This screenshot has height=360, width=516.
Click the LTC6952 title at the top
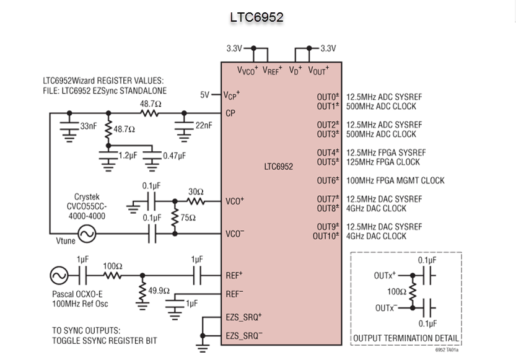(256, 17)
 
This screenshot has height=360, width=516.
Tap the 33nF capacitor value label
(89, 126)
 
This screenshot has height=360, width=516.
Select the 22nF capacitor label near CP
(204, 125)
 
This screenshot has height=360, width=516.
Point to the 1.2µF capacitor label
(128, 156)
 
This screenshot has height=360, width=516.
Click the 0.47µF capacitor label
(175, 156)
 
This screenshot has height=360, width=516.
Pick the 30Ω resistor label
(196, 191)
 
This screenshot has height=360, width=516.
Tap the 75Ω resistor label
(188, 217)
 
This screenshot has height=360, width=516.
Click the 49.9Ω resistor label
(159, 291)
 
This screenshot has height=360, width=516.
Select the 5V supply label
(204, 95)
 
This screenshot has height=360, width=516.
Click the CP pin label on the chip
(230, 113)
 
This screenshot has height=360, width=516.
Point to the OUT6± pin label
(328, 180)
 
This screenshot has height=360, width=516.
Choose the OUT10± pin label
(326, 236)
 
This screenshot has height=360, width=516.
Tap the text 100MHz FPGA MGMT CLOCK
(395, 180)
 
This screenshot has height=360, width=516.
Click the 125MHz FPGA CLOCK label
(383, 162)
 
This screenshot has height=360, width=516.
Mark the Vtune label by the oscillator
(66, 241)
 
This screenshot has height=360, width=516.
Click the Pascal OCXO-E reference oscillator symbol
(59, 276)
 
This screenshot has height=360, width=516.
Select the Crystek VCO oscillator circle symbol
(87, 234)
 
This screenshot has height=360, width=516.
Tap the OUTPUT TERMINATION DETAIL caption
(406, 338)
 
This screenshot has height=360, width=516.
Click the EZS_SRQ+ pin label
(243, 317)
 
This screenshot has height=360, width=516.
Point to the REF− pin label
(234, 294)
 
